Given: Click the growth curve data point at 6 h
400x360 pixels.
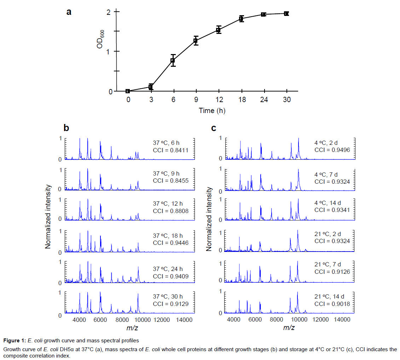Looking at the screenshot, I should point(173,60).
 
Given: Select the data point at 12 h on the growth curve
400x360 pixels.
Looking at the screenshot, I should point(219,30).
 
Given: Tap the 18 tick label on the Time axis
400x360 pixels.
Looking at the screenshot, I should point(241,100).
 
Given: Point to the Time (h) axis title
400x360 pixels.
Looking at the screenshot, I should point(212,111).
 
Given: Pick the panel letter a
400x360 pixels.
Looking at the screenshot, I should point(69,12).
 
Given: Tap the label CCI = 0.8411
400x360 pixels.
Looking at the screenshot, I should point(170,150).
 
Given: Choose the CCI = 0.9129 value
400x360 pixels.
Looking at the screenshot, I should point(170,303).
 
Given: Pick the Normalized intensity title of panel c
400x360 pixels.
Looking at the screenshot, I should point(209,219).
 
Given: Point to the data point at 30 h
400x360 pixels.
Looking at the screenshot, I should point(286,13).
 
